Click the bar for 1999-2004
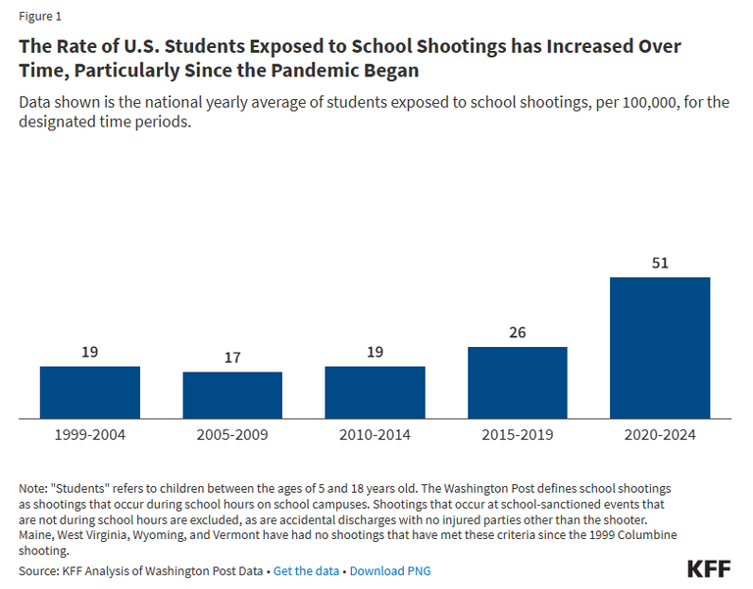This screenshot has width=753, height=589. (90, 392)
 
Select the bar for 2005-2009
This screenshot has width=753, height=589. (232, 395)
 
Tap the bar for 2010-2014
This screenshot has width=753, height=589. (375, 392)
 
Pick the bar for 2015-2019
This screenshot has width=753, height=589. (518, 382)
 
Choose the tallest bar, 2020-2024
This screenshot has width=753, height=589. (660, 348)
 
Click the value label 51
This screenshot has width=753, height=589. (660, 263)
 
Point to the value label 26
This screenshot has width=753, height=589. (518, 332)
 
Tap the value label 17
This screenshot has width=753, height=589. (232, 358)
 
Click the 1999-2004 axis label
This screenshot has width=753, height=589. (90, 434)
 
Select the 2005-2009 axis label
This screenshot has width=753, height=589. (232, 434)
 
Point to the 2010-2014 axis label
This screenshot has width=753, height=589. (375, 434)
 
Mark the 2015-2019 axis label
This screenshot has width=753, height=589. (518, 434)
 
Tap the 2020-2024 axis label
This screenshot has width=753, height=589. (660, 434)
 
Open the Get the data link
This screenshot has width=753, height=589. (306, 570)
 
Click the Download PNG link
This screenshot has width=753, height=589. (389, 570)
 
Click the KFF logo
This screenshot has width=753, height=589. (709, 569)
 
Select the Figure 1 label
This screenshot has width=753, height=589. (41, 17)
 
